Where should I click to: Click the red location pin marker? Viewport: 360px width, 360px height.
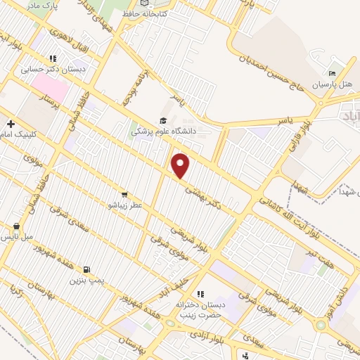181,165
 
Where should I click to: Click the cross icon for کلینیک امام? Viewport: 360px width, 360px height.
11,124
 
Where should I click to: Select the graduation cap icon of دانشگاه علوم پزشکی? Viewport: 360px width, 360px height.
163,121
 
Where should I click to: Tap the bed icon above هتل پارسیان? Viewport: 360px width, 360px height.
332,74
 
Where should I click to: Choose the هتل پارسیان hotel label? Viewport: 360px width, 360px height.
335,85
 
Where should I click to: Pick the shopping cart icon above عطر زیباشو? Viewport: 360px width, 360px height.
124,195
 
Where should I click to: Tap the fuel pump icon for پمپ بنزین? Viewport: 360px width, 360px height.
86,269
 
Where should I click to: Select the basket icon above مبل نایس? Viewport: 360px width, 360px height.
18,226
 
